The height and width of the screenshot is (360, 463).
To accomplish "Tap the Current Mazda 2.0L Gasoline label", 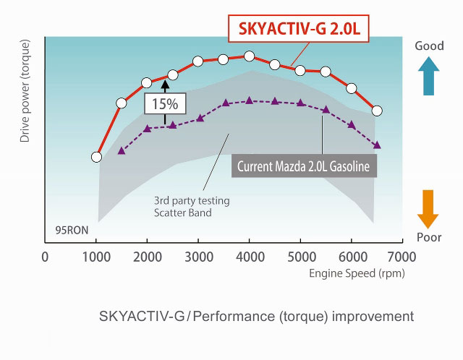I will pyautogui.click(x=305, y=166).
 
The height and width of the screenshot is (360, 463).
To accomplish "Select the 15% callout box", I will pyautogui.click(x=165, y=103).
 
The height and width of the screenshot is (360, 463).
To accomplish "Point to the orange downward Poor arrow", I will pyautogui.click(x=429, y=210).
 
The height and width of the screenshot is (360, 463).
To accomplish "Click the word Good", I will pyautogui.click(x=429, y=46).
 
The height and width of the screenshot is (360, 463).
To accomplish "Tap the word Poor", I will pyautogui.click(x=429, y=237).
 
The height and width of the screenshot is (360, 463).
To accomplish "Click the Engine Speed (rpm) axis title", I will pyautogui.click(x=357, y=273).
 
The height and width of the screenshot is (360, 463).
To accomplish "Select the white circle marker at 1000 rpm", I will pyautogui.click(x=97, y=157).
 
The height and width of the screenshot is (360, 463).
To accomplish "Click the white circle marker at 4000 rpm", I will pyautogui.click(x=249, y=56).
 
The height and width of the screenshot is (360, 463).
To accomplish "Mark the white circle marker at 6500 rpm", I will pyautogui.click(x=377, y=111).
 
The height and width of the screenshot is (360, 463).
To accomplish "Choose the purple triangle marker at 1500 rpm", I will pyautogui.click(x=122, y=150).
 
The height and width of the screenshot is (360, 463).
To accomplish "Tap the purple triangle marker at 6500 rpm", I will pyautogui.click(x=377, y=145).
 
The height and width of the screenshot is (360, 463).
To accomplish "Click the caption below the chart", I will pyautogui.click(x=256, y=317).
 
